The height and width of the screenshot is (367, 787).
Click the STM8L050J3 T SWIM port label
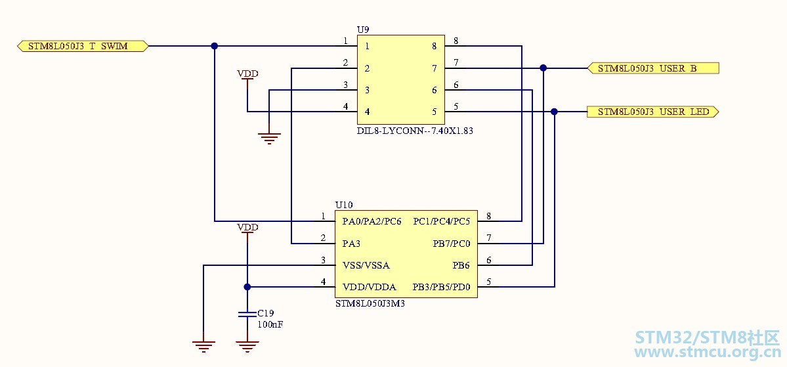click(83, 46)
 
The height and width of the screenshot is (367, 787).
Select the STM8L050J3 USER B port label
click(653, 68)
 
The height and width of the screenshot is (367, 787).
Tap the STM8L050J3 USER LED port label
click(653, 112)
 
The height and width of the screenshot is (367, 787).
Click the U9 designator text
click(363, 30)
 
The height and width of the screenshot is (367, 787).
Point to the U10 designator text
click(344, 205)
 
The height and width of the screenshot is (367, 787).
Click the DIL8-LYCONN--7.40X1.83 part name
click(415, 131)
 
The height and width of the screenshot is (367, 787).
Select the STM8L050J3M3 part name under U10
click(370, 303)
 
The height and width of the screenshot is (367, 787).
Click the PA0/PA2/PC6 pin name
click(372, 221)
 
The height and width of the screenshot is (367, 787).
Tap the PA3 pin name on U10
click(351, 244)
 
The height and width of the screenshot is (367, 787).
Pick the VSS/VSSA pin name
click(366, 265)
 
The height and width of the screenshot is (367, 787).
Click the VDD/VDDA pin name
click(370, 287)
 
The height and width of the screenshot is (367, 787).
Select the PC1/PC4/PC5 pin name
click(442, 221)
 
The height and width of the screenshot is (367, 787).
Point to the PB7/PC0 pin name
click(452, 244)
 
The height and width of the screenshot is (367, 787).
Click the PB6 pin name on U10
click(462, 265)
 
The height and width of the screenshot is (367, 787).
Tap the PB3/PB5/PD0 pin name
click(442, 287)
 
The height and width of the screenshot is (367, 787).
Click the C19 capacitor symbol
click(247, 314)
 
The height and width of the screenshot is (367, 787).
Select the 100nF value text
click(270, 324)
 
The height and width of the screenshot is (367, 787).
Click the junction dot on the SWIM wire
click(215, 46)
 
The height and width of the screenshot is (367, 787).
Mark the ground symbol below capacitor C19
click(247, 347)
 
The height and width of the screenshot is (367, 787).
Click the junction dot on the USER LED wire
click(554, 112)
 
